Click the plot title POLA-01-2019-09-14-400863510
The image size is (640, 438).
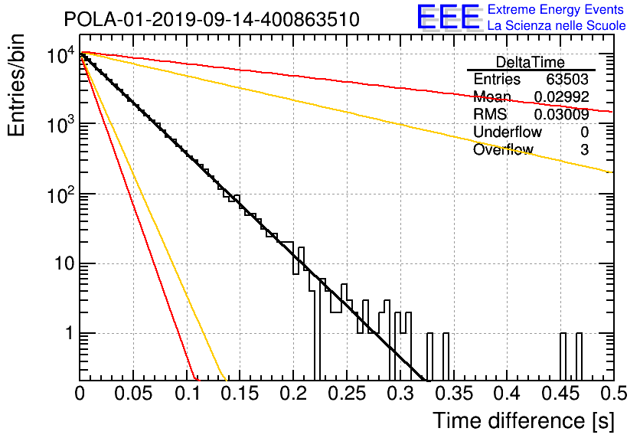click(212, 19)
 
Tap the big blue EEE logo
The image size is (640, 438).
click(449, 17)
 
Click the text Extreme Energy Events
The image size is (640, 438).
click(556, 9)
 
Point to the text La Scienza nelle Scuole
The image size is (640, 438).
click(557, 26)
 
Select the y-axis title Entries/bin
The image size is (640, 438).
click(16, 85)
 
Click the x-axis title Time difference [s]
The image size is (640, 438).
click(524, 420)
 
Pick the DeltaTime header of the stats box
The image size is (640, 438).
click(531, 62)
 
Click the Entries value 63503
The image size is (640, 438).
click(567, 79)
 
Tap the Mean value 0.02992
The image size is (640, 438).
click(562, 96)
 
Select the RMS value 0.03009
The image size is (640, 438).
click(562, 114)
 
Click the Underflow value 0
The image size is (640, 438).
click(584, 132)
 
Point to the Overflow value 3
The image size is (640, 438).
click(584, 149)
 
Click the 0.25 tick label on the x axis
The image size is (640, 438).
click(347, 394)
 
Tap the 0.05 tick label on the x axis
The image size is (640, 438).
click(133, 394)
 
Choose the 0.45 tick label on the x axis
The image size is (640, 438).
click(561, 394)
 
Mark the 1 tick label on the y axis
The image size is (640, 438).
click(70, 333)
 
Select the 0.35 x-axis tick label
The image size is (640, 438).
click(454, 394)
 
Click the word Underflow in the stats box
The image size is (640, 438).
click(508, 132)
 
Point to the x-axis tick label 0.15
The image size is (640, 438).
click(240, 394)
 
